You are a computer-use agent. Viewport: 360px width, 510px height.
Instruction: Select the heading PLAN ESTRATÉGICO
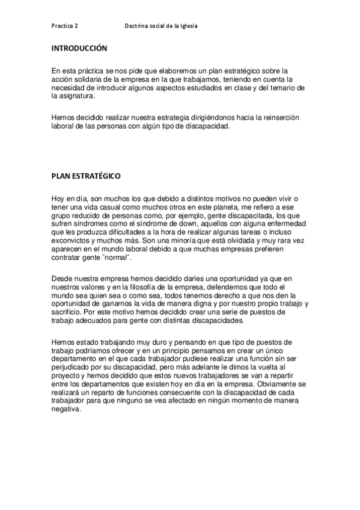tap(86, 176)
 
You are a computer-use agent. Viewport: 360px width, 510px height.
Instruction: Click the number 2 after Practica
tap(75, 26)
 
